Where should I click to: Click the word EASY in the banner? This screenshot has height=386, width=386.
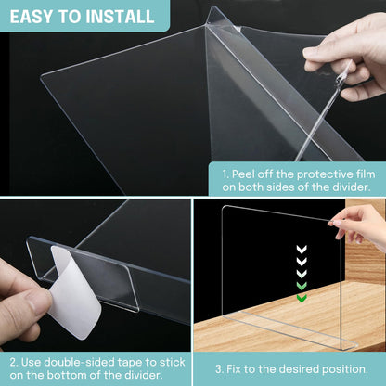coord(37,17)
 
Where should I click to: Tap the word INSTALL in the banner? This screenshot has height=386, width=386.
coord(119,17)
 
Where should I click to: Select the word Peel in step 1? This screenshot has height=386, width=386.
coord(248,172)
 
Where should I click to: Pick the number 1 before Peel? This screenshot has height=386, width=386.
coord(225,172)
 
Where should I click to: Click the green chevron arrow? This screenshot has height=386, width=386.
coord(302,298)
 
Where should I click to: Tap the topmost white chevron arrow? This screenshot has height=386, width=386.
coord(302,248)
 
